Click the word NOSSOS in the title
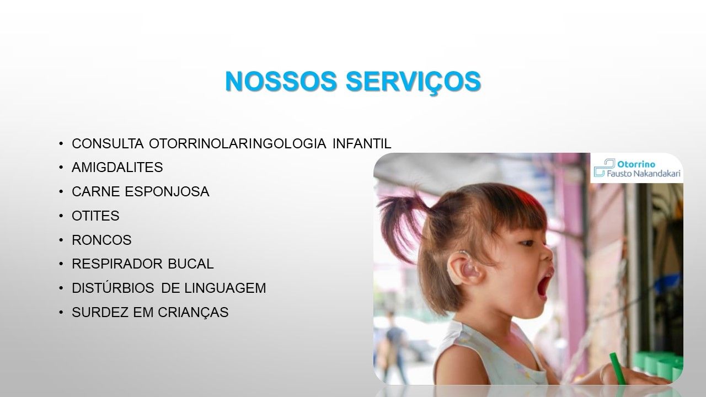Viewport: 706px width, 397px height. [281, 81]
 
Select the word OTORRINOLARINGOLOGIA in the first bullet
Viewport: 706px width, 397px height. [237, 144]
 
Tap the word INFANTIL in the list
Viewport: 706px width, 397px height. [362, 144]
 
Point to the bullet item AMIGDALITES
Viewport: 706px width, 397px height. [117, 167]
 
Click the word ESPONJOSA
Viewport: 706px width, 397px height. [167, 191]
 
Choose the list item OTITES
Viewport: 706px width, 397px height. [95, 216]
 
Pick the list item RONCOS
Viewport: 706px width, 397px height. [101, 240]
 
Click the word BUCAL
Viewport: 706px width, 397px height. [191, 264]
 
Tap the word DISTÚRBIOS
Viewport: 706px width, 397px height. [113, 287]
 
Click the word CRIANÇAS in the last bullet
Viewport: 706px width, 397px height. [193, 312]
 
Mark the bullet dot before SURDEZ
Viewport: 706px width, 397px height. [61, 313]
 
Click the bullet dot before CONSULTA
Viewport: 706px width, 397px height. [61, 144]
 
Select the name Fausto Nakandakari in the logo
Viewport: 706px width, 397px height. [643, 174]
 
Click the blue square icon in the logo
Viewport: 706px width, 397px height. [604, 167]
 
